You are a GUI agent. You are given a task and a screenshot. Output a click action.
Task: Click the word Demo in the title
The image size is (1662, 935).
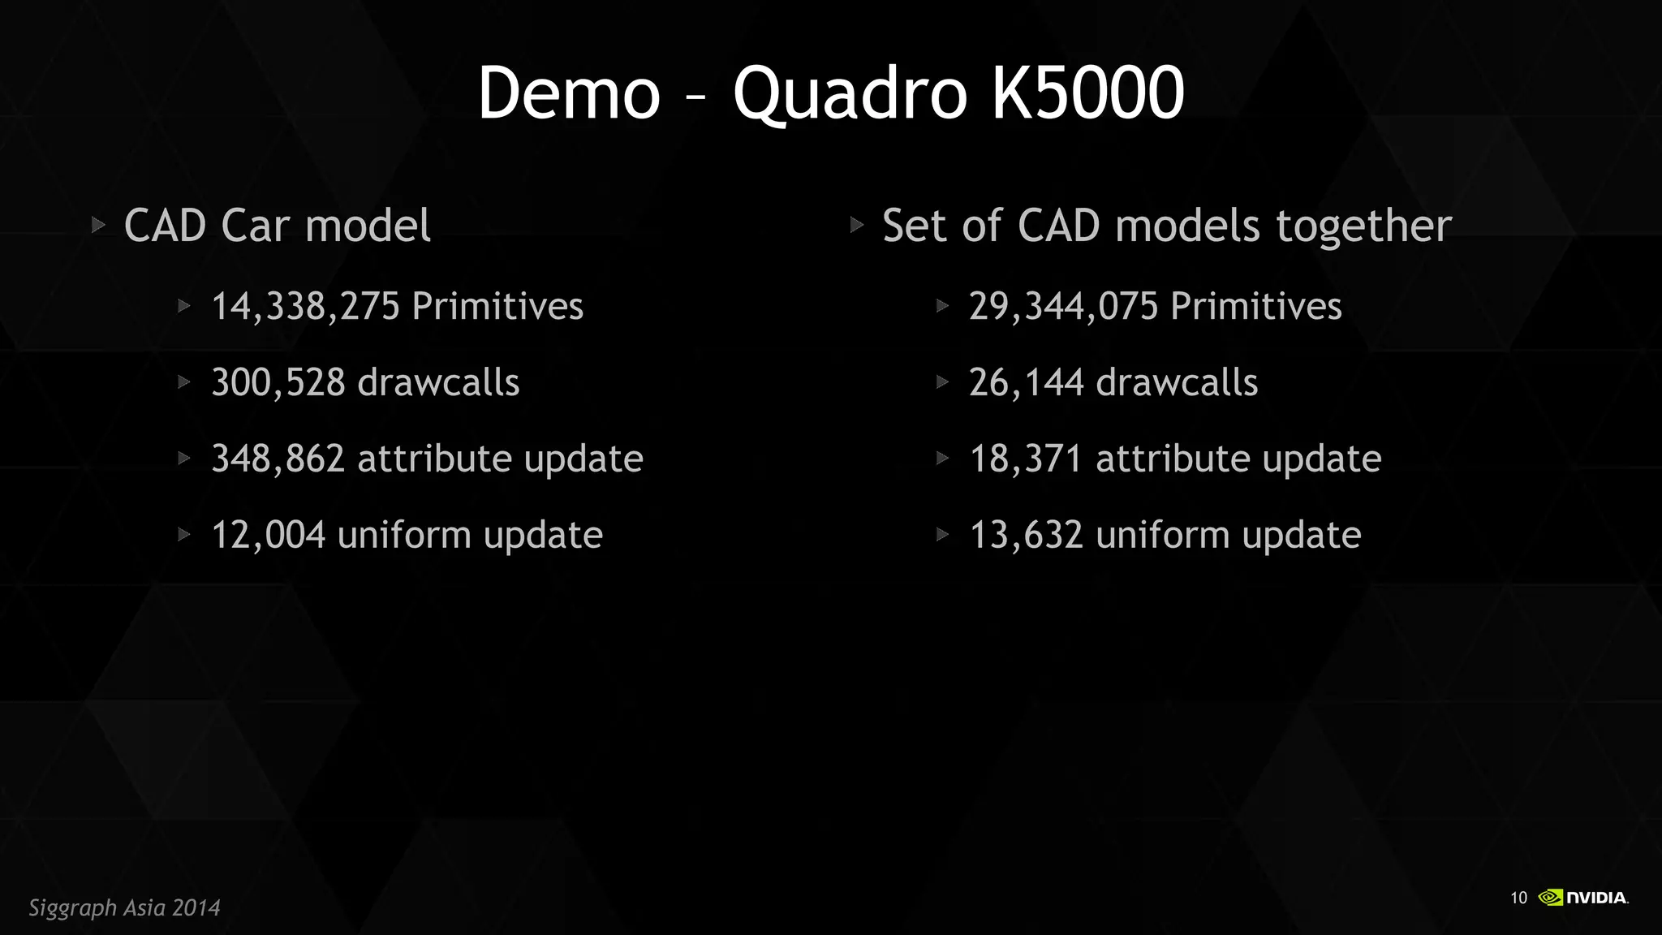(x=569, y=93)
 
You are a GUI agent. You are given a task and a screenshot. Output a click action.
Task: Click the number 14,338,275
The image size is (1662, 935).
(x=305, y=307)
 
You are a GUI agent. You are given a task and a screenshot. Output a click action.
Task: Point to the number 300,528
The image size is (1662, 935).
(x=278, y=383)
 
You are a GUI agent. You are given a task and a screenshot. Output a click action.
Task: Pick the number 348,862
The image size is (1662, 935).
(x=278, y=459)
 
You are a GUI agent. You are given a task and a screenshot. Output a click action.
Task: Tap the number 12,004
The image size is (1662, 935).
(x=268, y=536)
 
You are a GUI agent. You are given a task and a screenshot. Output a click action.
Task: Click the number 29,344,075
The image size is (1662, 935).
(x=1063, y=307)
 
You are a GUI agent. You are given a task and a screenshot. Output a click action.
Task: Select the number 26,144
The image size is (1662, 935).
(x=1026, y=383)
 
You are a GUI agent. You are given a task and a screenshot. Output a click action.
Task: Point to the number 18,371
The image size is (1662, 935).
(x=1026, y=459)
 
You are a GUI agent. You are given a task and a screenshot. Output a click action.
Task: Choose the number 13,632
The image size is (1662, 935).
(x=1026, y=536)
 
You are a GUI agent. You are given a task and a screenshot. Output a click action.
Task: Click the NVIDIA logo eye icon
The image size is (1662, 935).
(x=1550, y=897)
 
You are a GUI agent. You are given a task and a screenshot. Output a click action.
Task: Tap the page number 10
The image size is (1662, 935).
(x=1518, y=898)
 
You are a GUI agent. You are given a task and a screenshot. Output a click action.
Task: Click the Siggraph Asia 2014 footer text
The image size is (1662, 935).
(x=124, y=907)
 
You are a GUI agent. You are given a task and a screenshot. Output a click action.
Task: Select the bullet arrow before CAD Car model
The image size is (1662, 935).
(x=98, y=225)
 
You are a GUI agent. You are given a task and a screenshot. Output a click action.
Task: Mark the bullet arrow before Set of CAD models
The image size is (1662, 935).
(x=857, y=225)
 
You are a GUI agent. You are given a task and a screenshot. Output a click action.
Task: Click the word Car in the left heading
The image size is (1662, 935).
(x=255, y=226)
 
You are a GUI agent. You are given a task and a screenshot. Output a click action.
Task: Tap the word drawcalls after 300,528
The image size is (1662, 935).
(x=438, y=383)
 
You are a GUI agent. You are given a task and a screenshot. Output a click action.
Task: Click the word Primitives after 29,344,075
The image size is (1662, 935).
(x=1255, y=307)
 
